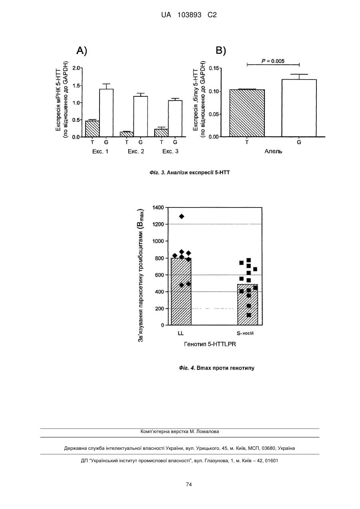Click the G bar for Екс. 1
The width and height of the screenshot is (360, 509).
click(x=106, y=113)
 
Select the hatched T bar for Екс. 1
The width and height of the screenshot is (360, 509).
click(x=92, y=129)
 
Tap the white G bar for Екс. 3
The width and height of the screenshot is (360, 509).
click(x=175, y=118)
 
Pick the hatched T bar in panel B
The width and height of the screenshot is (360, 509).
click(x=247, y=113)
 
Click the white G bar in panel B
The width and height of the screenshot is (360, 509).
click(x=299, y=108)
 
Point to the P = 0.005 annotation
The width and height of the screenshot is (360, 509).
click(x=273, y=61)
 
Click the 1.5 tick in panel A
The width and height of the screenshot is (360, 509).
click(x=76, y=86)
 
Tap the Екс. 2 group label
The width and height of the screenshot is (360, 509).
click(x=136, y=151)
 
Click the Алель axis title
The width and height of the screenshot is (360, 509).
click(x=273, y=151)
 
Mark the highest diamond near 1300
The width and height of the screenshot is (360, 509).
click(x=181, y=216)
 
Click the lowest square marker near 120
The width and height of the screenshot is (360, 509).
click(x=249, y=315)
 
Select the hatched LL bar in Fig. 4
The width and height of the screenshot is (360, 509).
click(x=181, y=291)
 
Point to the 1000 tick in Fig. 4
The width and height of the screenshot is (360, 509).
click(x=158, y=241)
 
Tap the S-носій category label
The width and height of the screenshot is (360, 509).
click(x=245, y=333)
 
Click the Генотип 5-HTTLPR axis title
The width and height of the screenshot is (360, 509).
click(x=210, y=344)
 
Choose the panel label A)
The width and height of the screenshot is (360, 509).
click(x=82, y=51)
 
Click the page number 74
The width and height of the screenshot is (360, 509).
click(x=189, y=485)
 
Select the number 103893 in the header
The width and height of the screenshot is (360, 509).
click(x=189, y=15)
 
